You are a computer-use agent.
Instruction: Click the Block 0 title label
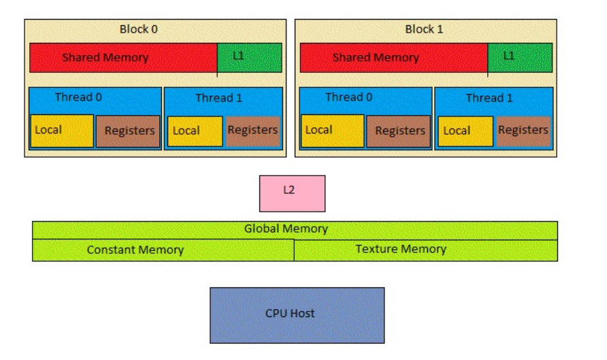point(139,29)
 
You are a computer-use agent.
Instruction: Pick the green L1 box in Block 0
point(249,58)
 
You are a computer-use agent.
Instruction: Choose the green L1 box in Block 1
point(520,58)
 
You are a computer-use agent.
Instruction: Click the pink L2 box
point(292,193)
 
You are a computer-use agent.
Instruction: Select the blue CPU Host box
point(297,314)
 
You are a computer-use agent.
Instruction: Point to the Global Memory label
point(286,229)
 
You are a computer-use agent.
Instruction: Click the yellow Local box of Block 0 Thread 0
point(62,131)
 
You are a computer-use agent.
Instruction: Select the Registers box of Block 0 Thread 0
point(128,131)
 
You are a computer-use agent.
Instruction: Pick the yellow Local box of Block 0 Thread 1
point(195,131)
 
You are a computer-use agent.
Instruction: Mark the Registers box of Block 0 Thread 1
point(252,131)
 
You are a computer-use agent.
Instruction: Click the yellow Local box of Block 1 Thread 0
point(332,131)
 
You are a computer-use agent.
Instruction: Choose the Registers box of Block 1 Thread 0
point(399,131)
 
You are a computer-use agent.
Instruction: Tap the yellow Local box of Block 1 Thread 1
point(465,131)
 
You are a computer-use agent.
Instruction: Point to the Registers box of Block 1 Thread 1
point(523,131)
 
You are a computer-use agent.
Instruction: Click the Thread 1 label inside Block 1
point(489,98)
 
